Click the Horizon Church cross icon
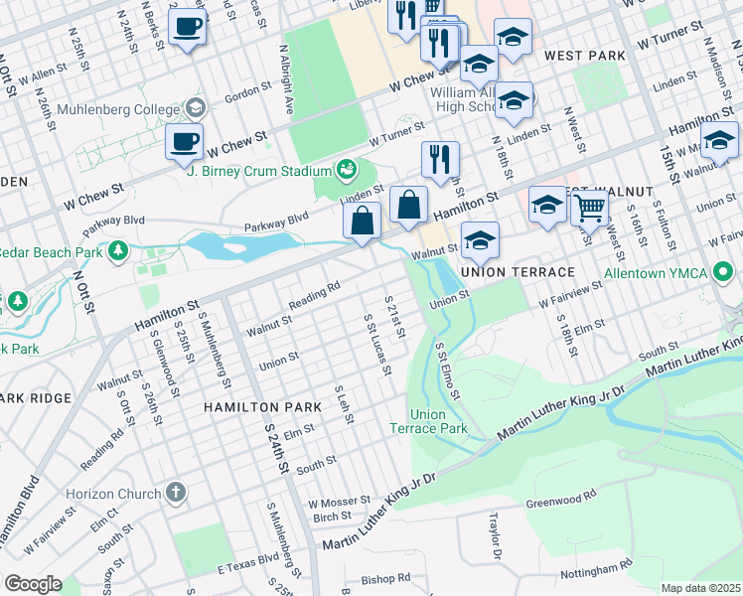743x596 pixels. [175, 493]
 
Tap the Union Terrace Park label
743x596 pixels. [438, 421]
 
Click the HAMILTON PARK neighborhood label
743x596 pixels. [262, 407]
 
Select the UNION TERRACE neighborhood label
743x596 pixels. [518, 272]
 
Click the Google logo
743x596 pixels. [32, 584]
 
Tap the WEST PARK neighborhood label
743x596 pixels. [577, 57]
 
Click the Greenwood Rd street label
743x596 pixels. [561, 495]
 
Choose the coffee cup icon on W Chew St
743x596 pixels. [185, 143]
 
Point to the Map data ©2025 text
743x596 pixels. [700, 588]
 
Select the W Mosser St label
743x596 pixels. [340, 502]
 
